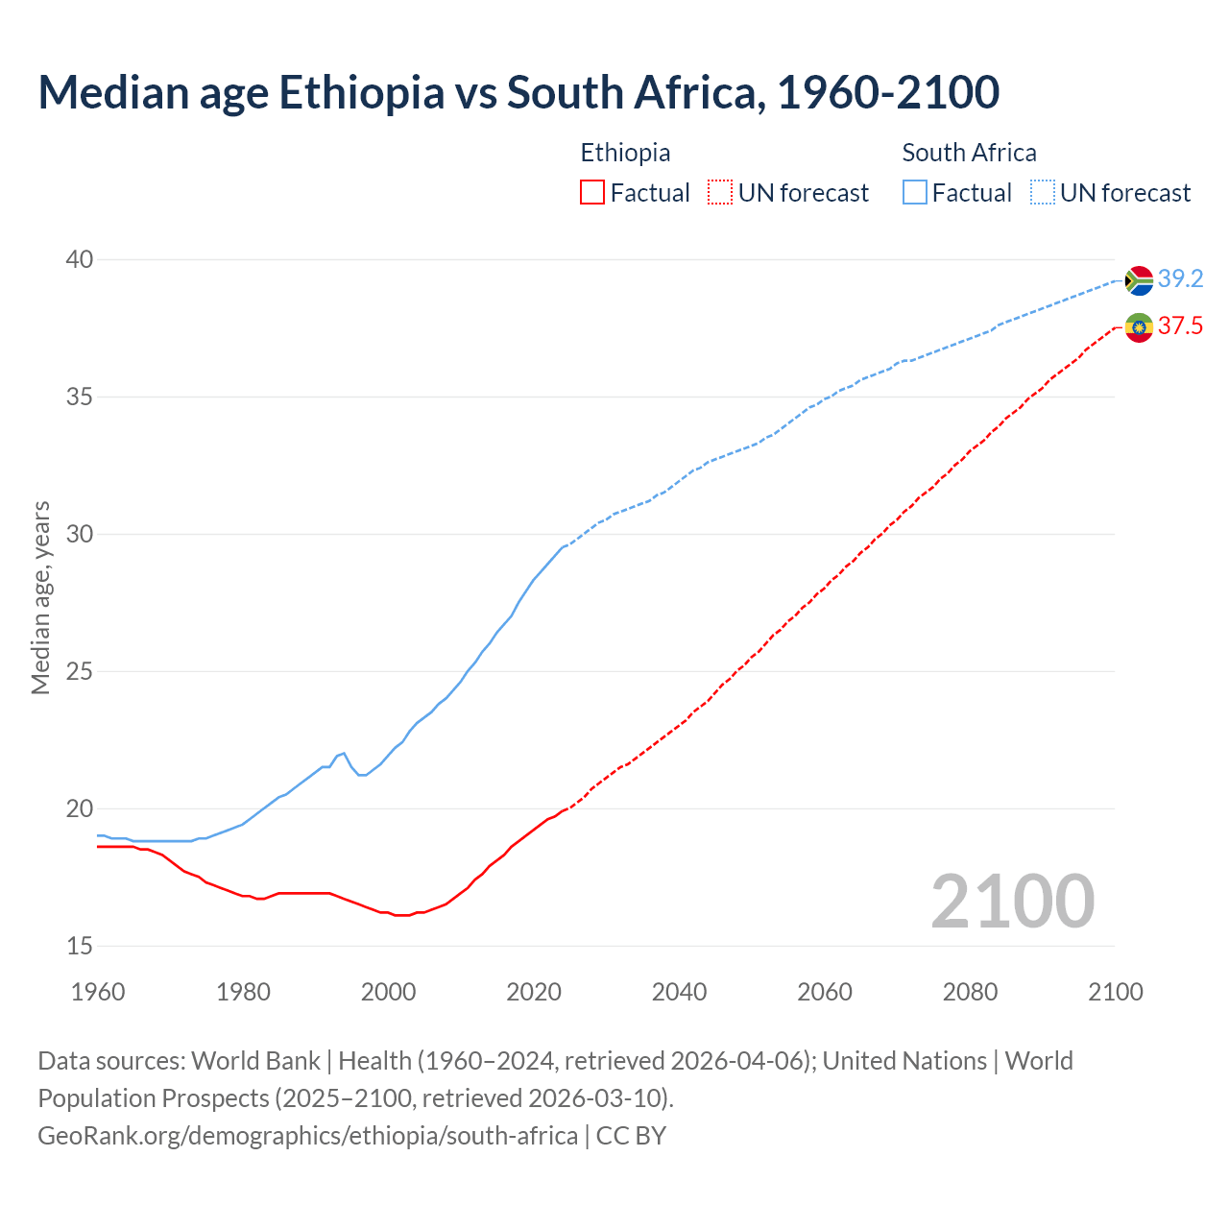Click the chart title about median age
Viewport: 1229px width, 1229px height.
tap(518, 92)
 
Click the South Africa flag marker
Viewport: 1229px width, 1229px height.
tap(1139, 280)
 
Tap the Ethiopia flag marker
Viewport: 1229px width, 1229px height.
tap(1139, 327)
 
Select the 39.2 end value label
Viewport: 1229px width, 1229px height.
tap(1180, 279)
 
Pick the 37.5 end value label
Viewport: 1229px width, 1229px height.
tap(1180, 326)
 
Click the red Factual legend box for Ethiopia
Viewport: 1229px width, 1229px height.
tap(592, 193)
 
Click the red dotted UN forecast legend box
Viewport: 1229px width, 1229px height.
tap(720, 193)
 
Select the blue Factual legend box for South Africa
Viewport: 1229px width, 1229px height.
tap(915, 193)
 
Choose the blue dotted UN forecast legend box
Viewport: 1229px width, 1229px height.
tap(1042, 193)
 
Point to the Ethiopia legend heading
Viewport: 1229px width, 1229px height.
tap(625, 153)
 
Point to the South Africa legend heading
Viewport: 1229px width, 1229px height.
tap(969, 153)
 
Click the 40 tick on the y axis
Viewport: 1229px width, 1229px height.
tap(80, 259)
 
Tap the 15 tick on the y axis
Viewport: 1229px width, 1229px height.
tap(80, 946)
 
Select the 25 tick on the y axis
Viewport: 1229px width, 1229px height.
tap(80, 671)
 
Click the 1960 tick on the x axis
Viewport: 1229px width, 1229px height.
tap(98, 992)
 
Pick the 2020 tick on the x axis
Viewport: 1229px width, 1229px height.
tap(534, 992)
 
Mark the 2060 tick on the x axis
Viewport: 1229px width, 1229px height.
tap(825, 992)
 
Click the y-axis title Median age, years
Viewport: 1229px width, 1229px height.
tap(40, 597)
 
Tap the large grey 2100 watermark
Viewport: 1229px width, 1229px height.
tap(1012, 901)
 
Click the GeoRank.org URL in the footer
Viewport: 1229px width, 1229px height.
tap(307, 1136)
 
